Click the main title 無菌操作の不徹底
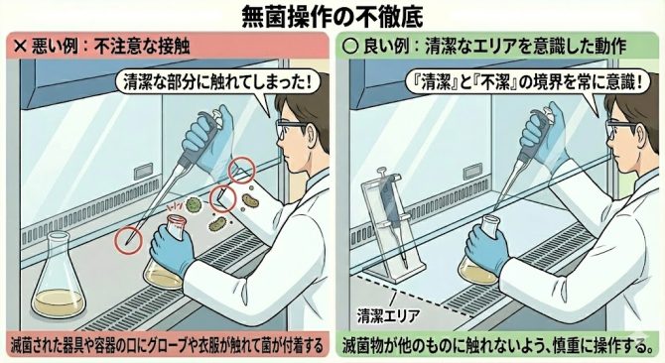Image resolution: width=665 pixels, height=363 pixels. (x=332, y=16)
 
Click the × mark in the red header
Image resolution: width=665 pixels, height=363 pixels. (x=20, y=46)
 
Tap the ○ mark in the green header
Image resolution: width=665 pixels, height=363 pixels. (x=350, y=46)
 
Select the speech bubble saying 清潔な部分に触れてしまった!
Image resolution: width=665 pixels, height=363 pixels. (x=217, y=82)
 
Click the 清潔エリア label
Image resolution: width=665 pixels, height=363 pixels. (x=388, y=315)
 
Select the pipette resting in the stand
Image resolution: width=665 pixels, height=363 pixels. (x=391, y=217)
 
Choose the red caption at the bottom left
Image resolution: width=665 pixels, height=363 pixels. (x=167, y=344)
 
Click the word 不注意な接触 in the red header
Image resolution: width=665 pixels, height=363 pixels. (x=142, y=46)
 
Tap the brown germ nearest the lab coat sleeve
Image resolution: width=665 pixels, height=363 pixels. (x=250, y=200)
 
